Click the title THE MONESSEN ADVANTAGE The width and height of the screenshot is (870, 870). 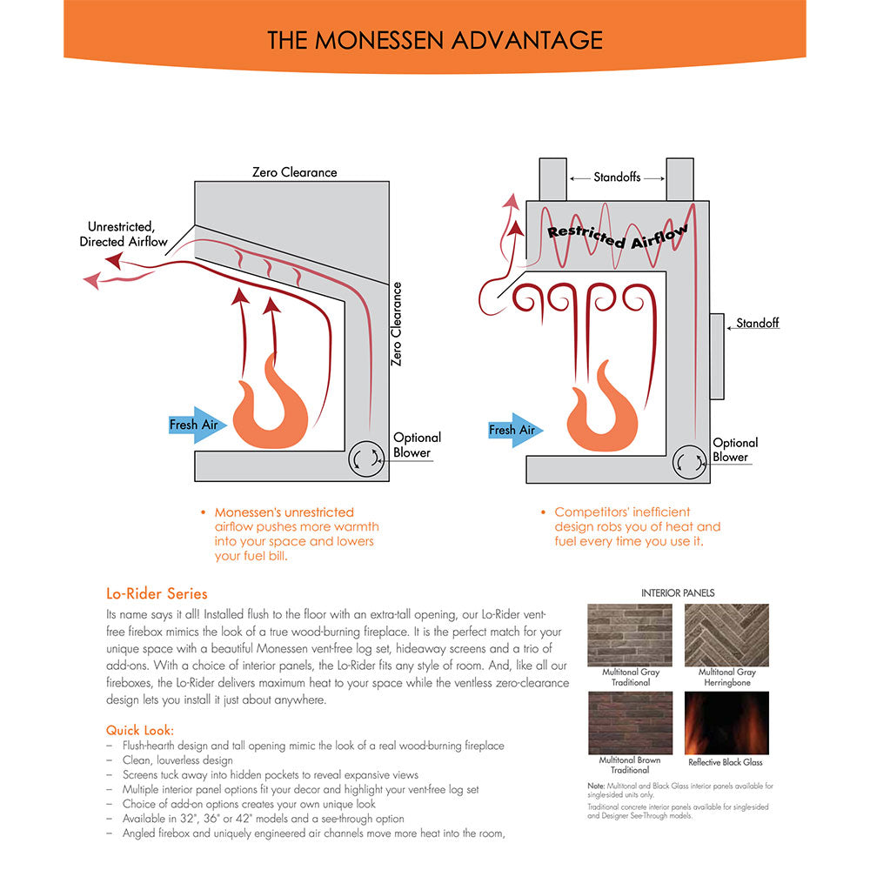(x=434, y=40)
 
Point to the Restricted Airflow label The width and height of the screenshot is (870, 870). (x=618, y=235)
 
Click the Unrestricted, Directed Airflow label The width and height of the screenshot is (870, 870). (x=121, y=234)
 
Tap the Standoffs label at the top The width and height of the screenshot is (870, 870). (x=617, y=177)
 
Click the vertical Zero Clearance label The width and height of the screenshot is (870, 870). (x=397, y=323)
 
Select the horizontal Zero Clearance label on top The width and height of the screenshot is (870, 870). (x=294, y=172)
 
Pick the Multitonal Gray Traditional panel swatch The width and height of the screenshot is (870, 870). (x=631, y=635)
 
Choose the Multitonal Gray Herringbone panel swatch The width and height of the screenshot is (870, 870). (x=726, y=635)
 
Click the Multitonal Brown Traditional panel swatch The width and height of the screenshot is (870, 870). (x=631, y=723)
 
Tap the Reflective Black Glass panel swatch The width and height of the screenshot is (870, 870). (x=726, y=723)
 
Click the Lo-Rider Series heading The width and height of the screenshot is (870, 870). (x=157, y=594)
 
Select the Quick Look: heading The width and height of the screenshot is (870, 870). (x=140, y=730)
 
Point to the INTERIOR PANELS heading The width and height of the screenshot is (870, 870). (x=678, y=592)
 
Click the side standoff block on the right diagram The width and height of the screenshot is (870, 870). (x=717, y=358)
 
